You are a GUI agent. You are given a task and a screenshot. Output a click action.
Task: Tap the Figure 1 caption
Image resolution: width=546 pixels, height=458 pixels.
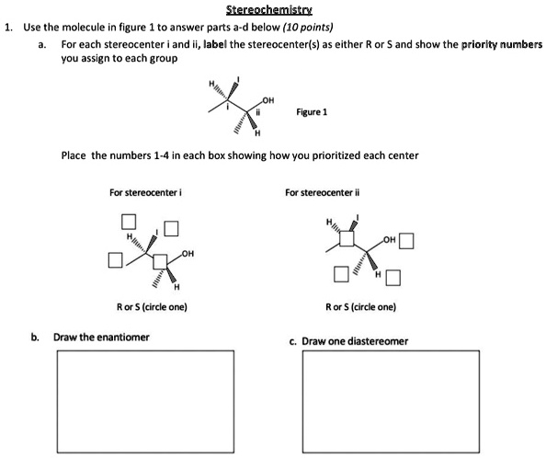(313, 112)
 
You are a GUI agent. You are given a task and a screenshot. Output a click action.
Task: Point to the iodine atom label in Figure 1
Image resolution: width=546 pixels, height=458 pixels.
(239, 77)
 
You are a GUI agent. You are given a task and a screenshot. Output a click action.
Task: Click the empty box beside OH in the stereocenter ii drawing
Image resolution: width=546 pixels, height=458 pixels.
(407, 243)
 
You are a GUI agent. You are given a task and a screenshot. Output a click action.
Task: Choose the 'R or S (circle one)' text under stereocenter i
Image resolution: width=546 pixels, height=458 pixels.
(153, 307)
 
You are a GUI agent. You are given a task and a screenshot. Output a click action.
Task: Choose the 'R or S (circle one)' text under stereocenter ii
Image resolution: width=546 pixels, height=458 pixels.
(360, 307)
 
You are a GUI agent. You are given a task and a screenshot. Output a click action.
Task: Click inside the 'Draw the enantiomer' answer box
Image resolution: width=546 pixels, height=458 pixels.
(144, 400)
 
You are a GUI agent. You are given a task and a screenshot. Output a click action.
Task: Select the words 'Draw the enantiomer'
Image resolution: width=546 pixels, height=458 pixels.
(101, 337)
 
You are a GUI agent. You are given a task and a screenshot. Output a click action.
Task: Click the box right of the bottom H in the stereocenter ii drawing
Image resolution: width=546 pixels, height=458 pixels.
(392, 276)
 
